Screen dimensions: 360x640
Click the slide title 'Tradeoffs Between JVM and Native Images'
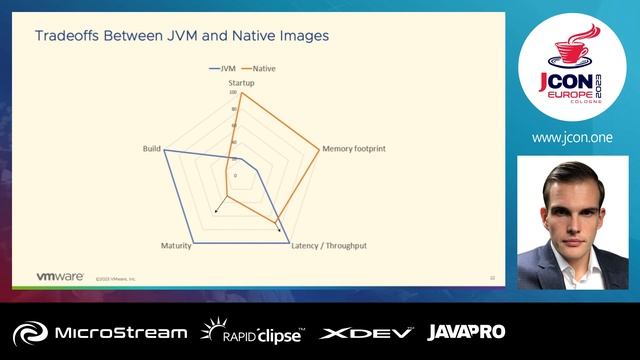[x=182, y=36]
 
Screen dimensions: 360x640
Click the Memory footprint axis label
[x=354, y=149]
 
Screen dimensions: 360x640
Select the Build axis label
[x=152, y=149]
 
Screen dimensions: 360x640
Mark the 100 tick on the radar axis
[x=233, y=93]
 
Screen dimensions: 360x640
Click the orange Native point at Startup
[x=241, y=94]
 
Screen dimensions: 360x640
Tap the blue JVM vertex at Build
[x=164, y=150]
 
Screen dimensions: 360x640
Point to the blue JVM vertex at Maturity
[x=194, y=239]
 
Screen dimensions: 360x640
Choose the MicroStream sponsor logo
[x=100, y=332]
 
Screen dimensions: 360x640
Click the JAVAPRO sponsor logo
[x=466, y=332]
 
